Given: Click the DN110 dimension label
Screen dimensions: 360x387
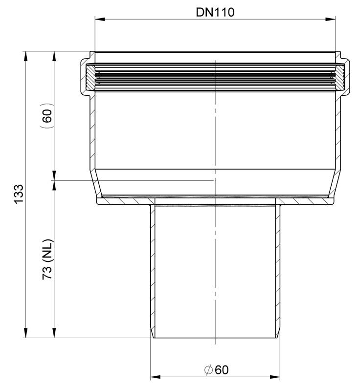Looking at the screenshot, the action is pos(215,12).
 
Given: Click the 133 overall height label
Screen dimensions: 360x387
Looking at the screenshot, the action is pos(19,194).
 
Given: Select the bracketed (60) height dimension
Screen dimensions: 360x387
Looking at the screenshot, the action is pos(47,115).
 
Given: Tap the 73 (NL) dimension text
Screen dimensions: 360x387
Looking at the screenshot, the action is pos(47,259).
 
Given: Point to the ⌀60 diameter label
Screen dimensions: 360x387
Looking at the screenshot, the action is pos(217,370).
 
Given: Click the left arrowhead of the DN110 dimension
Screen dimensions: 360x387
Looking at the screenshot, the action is pos(100,19).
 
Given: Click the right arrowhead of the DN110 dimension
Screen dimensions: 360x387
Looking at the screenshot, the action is pos(330,19).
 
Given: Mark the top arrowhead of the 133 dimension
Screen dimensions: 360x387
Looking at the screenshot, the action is pos(25,56).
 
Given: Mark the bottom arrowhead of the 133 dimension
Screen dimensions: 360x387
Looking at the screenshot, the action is pos(25,333).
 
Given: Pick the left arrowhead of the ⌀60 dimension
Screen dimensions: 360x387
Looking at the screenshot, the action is pos(156,377).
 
